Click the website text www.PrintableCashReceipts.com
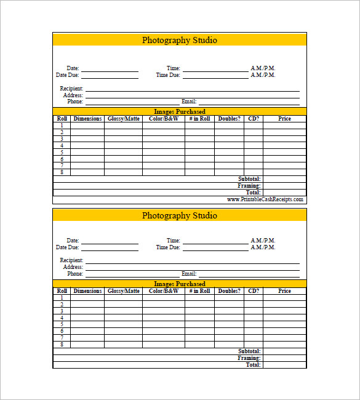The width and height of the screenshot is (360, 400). coord(265,199)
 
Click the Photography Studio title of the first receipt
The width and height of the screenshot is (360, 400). coord(179,40)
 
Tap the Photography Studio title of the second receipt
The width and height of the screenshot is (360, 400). coord(179,215)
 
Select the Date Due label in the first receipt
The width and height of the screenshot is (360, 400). coord(68,75)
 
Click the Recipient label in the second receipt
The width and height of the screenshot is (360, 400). coord(71,260)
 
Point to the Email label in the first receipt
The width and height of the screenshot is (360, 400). coord(188,102)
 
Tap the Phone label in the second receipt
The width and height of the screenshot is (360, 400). coord(75,274)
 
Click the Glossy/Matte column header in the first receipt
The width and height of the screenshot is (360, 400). coord(124,119)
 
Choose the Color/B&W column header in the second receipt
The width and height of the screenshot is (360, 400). coord(164,291)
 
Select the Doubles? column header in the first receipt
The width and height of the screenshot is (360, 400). coord(229,119)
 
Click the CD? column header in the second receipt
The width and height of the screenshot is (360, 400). coord(253,291)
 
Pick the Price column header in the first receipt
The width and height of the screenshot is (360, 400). coord(284,119)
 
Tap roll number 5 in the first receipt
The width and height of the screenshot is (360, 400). coord(62,152)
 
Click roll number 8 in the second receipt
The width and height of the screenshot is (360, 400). coord(62,345)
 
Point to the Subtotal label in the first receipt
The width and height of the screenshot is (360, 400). coord(249,179)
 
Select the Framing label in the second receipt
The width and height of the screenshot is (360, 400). coord(249,358)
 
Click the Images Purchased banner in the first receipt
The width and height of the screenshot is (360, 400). coord(179,111)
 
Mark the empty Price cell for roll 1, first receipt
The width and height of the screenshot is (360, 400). coord(284,125)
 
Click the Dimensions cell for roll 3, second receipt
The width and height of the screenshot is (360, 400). coord(87,311)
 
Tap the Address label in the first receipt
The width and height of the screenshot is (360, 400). coord(73,95)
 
